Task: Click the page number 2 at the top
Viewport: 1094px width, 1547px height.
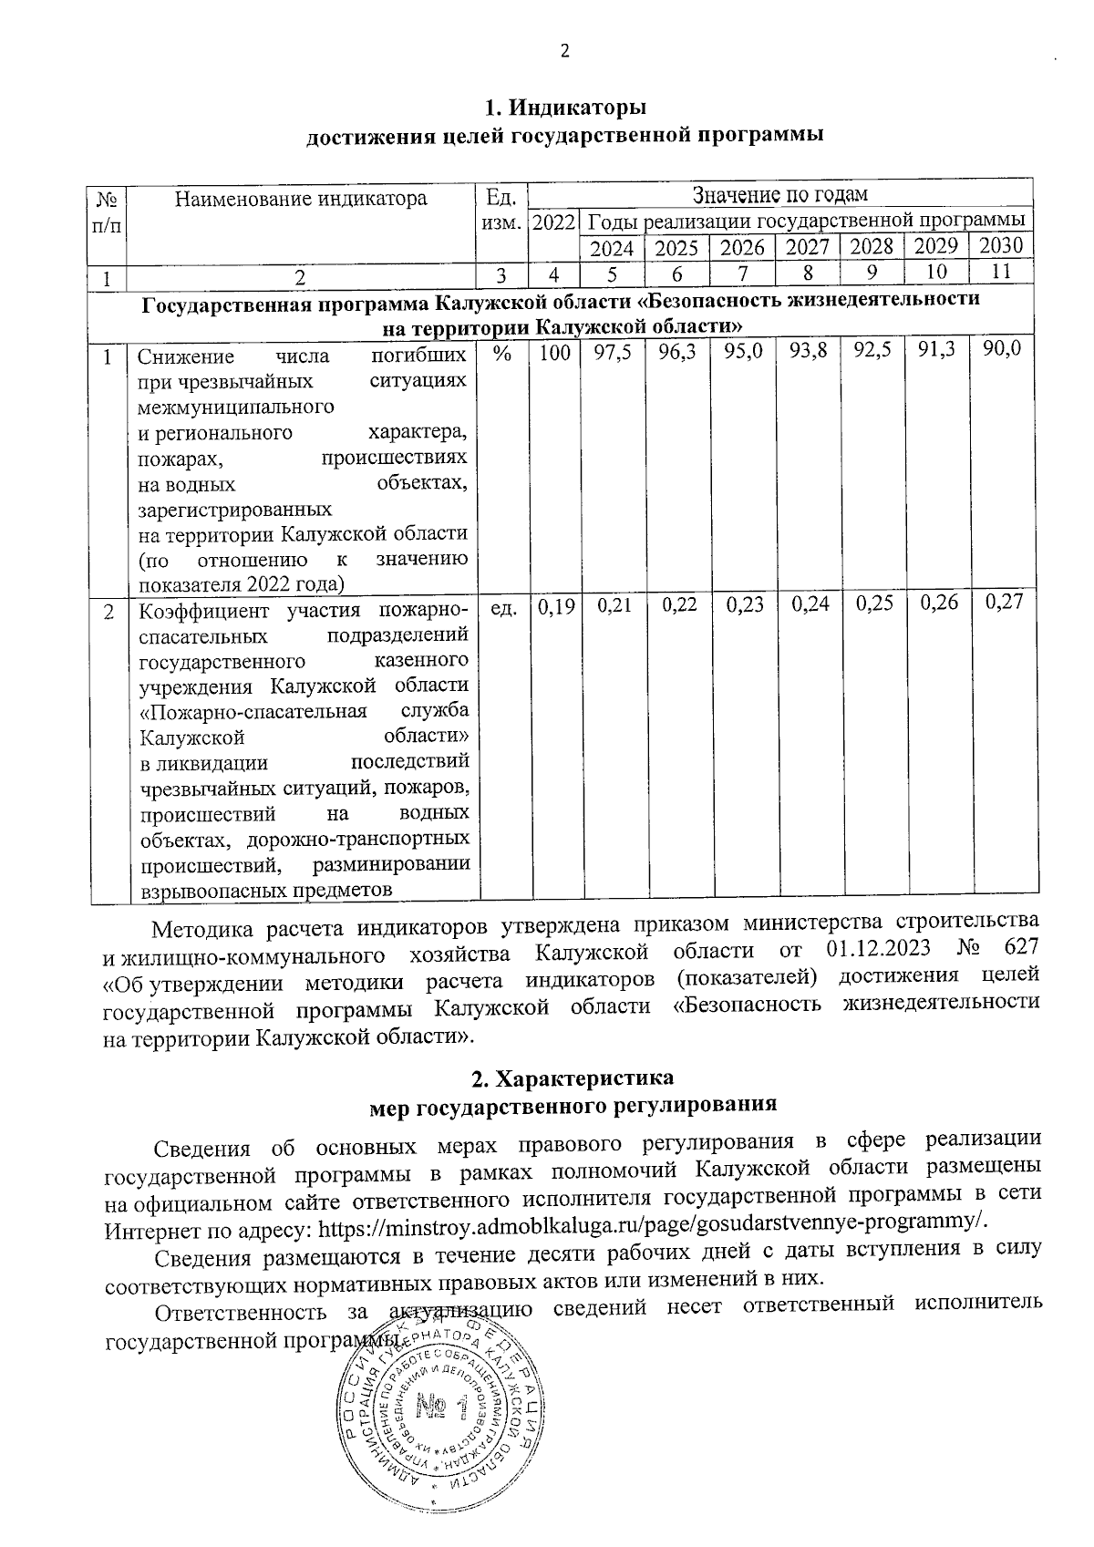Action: pyautogui.click(x=564, y=52)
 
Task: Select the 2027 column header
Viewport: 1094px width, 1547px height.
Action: pyautogui.click(x=808, y=247)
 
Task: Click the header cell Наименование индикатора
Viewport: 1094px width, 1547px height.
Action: pyautogui.click(x=301, y=198)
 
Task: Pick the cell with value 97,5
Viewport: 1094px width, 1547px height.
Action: pyautogui.click(x=613, y=354)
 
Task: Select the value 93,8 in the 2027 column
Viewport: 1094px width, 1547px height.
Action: pyautogui.click(x=808, y=353)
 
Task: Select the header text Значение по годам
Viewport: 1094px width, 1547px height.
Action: pyautogui.click(x=779, y=195)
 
